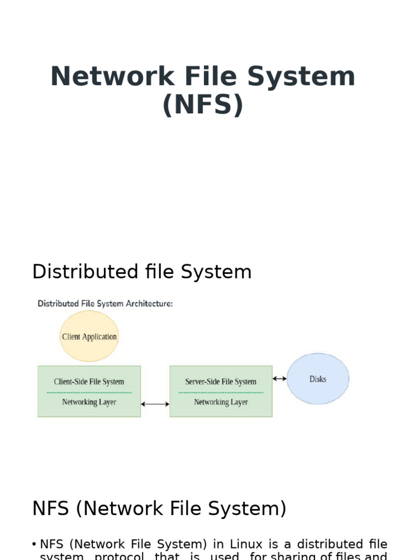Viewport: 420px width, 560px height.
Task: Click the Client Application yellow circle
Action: (89, 336)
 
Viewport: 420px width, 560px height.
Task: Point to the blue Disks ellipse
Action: (318, 379)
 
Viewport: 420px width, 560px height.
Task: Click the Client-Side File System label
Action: (89, 382)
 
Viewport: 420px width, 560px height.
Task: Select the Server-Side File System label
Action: (220, 382)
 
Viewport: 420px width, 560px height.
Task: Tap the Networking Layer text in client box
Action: (89, 402)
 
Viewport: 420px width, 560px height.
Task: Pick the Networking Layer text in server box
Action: (221, 402)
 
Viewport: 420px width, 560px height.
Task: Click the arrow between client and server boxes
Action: (155, 404)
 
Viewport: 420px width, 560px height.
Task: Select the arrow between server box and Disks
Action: (279, 378)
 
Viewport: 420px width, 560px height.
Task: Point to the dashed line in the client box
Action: (89, 392)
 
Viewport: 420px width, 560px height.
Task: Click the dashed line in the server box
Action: (221, 392)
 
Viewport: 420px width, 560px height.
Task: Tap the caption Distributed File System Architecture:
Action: (105, 304)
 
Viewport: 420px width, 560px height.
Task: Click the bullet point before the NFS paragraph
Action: (34, 545)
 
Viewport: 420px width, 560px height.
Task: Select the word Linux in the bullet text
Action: (247, 544)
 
